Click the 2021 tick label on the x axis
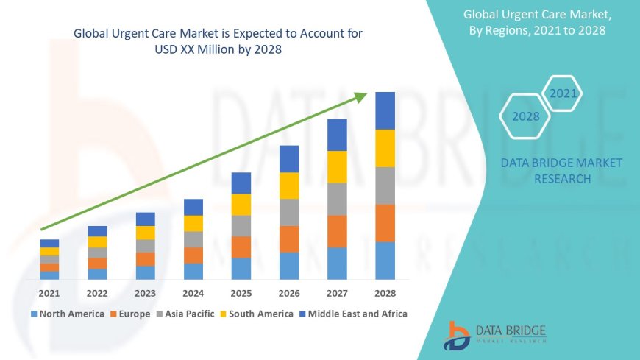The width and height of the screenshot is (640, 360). click(49, 292)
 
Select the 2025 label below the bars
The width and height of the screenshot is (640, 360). click(241, 292)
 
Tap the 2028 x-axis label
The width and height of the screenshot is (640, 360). click(385, 292)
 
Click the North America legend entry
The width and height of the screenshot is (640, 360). click(67, 314)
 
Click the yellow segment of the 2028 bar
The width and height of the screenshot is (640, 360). click(385, 148)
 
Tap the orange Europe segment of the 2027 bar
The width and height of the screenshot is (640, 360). click(337, 231)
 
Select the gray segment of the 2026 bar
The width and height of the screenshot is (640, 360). click(289, 212)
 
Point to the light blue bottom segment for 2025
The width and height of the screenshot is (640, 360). click(241, 268)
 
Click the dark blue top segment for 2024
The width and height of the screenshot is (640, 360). click(193, 207)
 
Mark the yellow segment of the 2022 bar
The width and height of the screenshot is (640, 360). click(97, 241)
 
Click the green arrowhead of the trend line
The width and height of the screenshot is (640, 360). click(360, 96)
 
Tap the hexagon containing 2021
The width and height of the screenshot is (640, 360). click(563, 93)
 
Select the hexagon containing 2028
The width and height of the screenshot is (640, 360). click(525, 116)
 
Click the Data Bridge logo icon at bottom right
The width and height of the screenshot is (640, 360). click(457, 336)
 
